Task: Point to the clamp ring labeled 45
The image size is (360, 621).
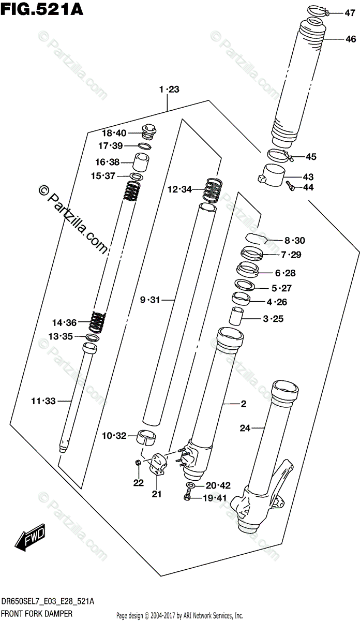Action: coord(280,155)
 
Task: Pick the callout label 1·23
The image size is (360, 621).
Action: coord(169,90)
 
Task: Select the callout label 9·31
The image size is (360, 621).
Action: coord(151,300)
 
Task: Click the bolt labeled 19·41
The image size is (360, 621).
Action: coord(187,498)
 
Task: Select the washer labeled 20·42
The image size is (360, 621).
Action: coord(191,485)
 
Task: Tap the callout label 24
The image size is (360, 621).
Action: coord(245,427)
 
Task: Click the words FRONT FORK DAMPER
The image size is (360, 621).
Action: coord(36,614)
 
